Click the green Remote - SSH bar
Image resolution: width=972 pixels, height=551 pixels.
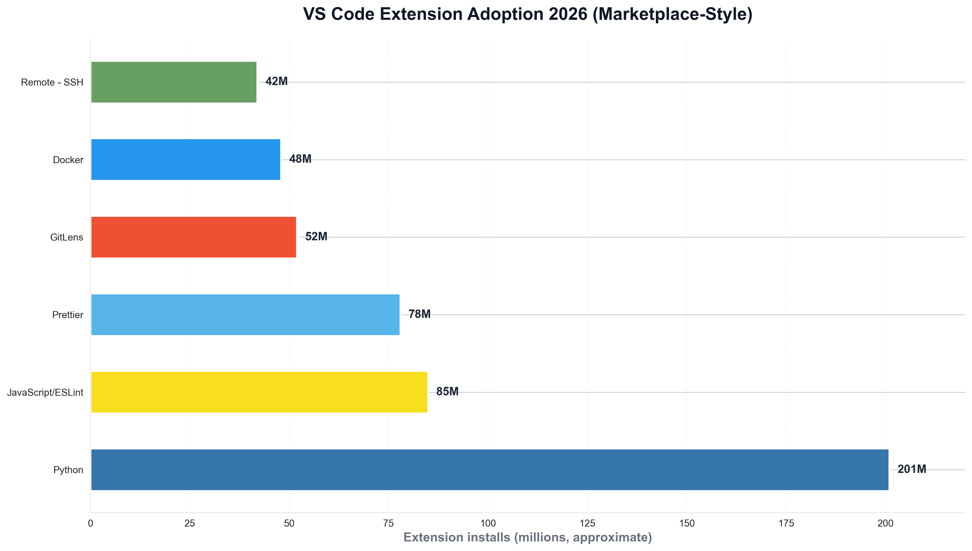pyautogui.click(x=173, y=82)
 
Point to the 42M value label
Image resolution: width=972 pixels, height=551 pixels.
pyautogui.click(x=276, y=81)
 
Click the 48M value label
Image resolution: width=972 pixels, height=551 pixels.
pyautogui.click(x=300, y=159)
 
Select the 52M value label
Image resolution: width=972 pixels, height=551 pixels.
pyautogui.click(x=316, y=237)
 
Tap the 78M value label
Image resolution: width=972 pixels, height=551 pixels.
pyautogui.click(x=419, y=314)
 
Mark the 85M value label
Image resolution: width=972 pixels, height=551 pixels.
pyautogui.click(x=447, y=392)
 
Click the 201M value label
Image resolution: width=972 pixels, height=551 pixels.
pyautogui.click(x=911, y=469)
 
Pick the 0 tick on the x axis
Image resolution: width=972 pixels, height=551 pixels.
pyautogui.click(x=90, y=523)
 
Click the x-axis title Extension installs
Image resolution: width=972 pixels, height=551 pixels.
pyautogui.click(x=527, y=537)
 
